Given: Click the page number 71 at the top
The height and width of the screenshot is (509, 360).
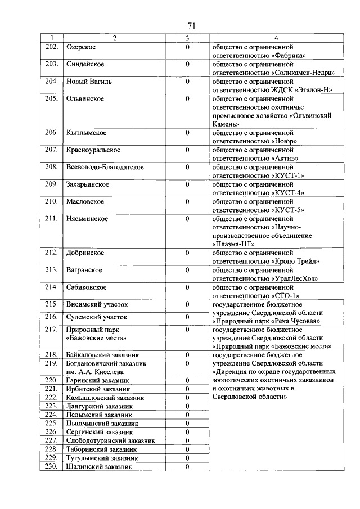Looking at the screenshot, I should (191, 26).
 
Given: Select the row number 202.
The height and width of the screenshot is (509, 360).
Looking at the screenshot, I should (52, 47).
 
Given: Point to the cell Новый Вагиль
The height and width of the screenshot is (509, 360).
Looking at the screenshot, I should (89, 82).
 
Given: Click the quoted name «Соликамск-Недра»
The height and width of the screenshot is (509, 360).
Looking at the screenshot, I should (303, 73).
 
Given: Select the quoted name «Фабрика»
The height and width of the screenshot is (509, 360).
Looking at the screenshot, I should (289, 55).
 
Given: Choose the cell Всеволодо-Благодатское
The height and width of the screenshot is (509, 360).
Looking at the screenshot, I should (105, 167).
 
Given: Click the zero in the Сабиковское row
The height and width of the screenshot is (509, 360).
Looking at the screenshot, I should (187, 287).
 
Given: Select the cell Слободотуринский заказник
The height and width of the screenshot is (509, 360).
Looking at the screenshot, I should (110, 440).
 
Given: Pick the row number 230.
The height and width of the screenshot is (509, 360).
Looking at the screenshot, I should (52, 466).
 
